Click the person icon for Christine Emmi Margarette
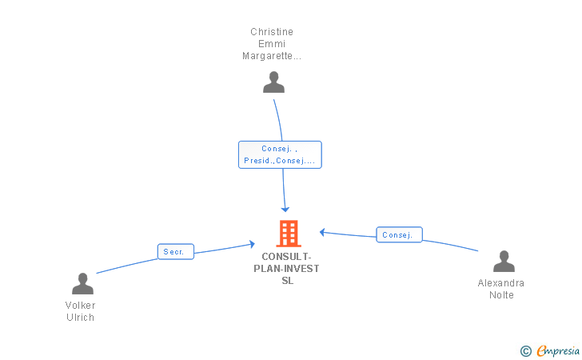(x=273, y=82)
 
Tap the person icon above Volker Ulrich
(x=82, y=284)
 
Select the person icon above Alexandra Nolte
(x=504, y=262)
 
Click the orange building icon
(x=288, y=234)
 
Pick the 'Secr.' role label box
(x=175, y=252)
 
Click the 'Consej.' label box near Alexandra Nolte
(x=398, y=235)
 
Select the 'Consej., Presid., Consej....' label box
(x=280, y=154)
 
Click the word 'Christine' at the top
(x=272, y=32)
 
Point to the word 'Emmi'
(x=272, y=44)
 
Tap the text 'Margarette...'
(x=272, y=56)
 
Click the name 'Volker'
(x=80, y=306)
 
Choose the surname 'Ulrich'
(x=80, y=318)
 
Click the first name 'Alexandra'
(x=501, y=283)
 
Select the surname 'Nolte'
(x=501, y=295)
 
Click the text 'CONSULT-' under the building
(x=287, y=257)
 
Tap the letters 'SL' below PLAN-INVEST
(x=287, y=281)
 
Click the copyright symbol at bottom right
(x=525, y=350)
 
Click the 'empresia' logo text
(x=558, y=350)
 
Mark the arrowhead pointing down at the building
(x=285, y=209)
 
